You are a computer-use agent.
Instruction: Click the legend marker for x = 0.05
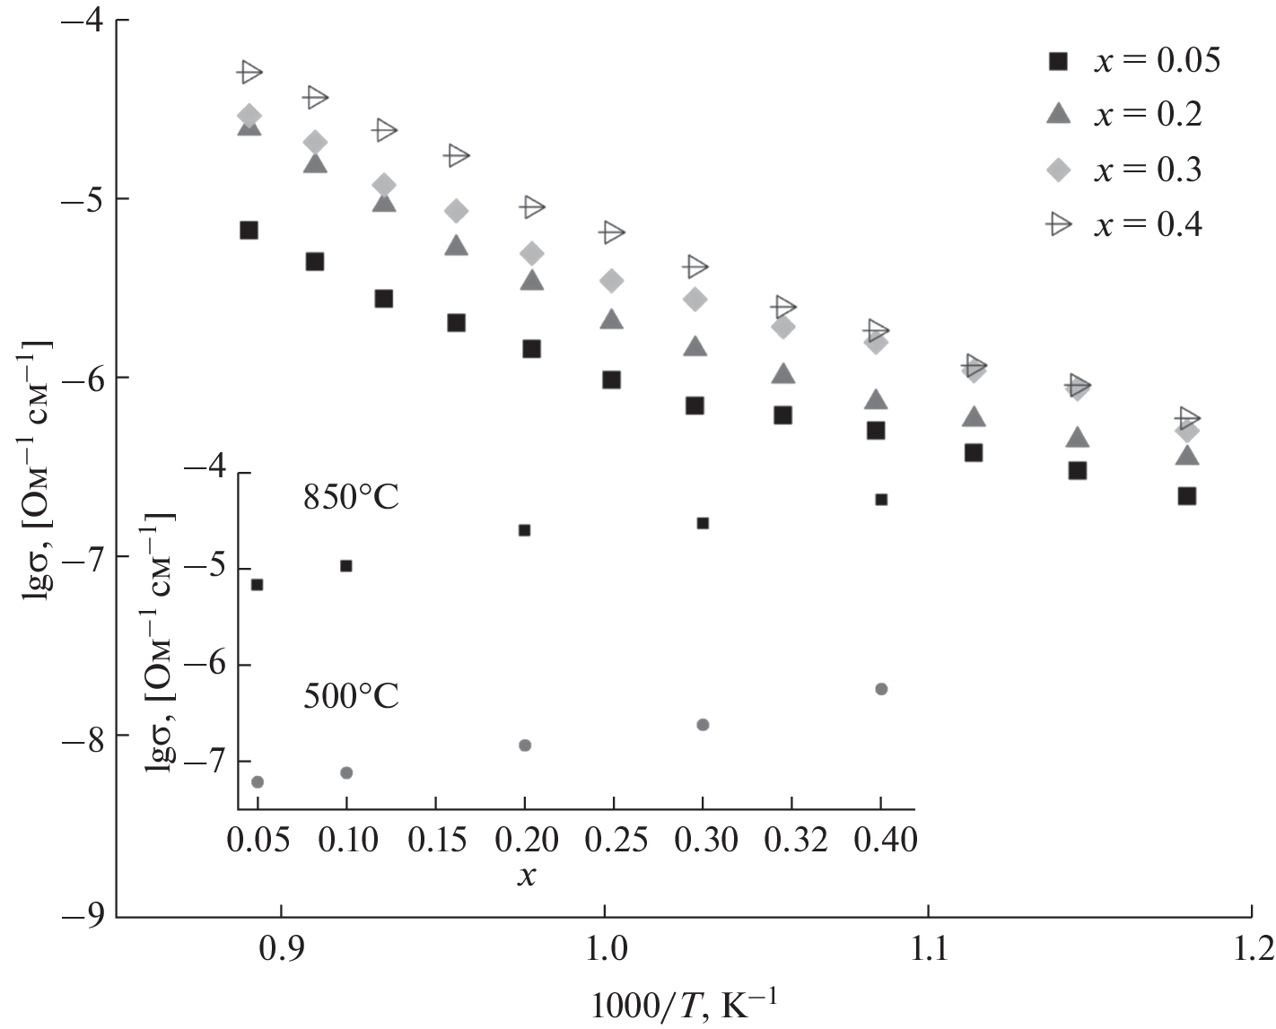pyautogui.click(x=1060, y=61)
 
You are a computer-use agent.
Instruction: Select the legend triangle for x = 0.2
pyautogui.click(x=1060, y=113)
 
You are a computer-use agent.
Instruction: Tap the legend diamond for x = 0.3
pyautogui.click(x=1060, y=170)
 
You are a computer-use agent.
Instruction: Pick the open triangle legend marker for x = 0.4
pyautogui.click(x=1060, y=224)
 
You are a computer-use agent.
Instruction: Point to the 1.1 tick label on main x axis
pyautogui.click(x=928, y=949)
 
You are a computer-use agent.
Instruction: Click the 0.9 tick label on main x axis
pyautogui.click(x=282, y=949)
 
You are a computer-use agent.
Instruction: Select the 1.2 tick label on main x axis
pyautogui.click(x=1251, y=949)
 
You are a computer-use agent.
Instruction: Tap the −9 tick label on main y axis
pyautogui.click(x=83, y=916)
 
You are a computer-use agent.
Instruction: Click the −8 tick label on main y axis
pyautogui.click(x=83, y=737)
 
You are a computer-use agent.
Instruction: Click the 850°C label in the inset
pyautogui.click(x=351, y=497)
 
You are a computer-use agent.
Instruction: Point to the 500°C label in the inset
pyautogui.click(x=351, y=695)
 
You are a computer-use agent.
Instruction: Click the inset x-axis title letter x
pyautogui.click(x=527, y=875)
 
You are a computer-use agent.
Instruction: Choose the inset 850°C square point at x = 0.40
pyautogui.click(x=881, y=500)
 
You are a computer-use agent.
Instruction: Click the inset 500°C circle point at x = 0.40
pyautogui.click(x=881, y=689)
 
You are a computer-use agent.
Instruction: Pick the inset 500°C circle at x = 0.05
pyautogui.click(x=258, y=782)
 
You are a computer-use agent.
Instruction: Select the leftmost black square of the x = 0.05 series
pyautogui.click(x=249, y=231)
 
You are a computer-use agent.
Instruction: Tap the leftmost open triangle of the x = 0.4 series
pyautogui.click(x=249, y=72)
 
